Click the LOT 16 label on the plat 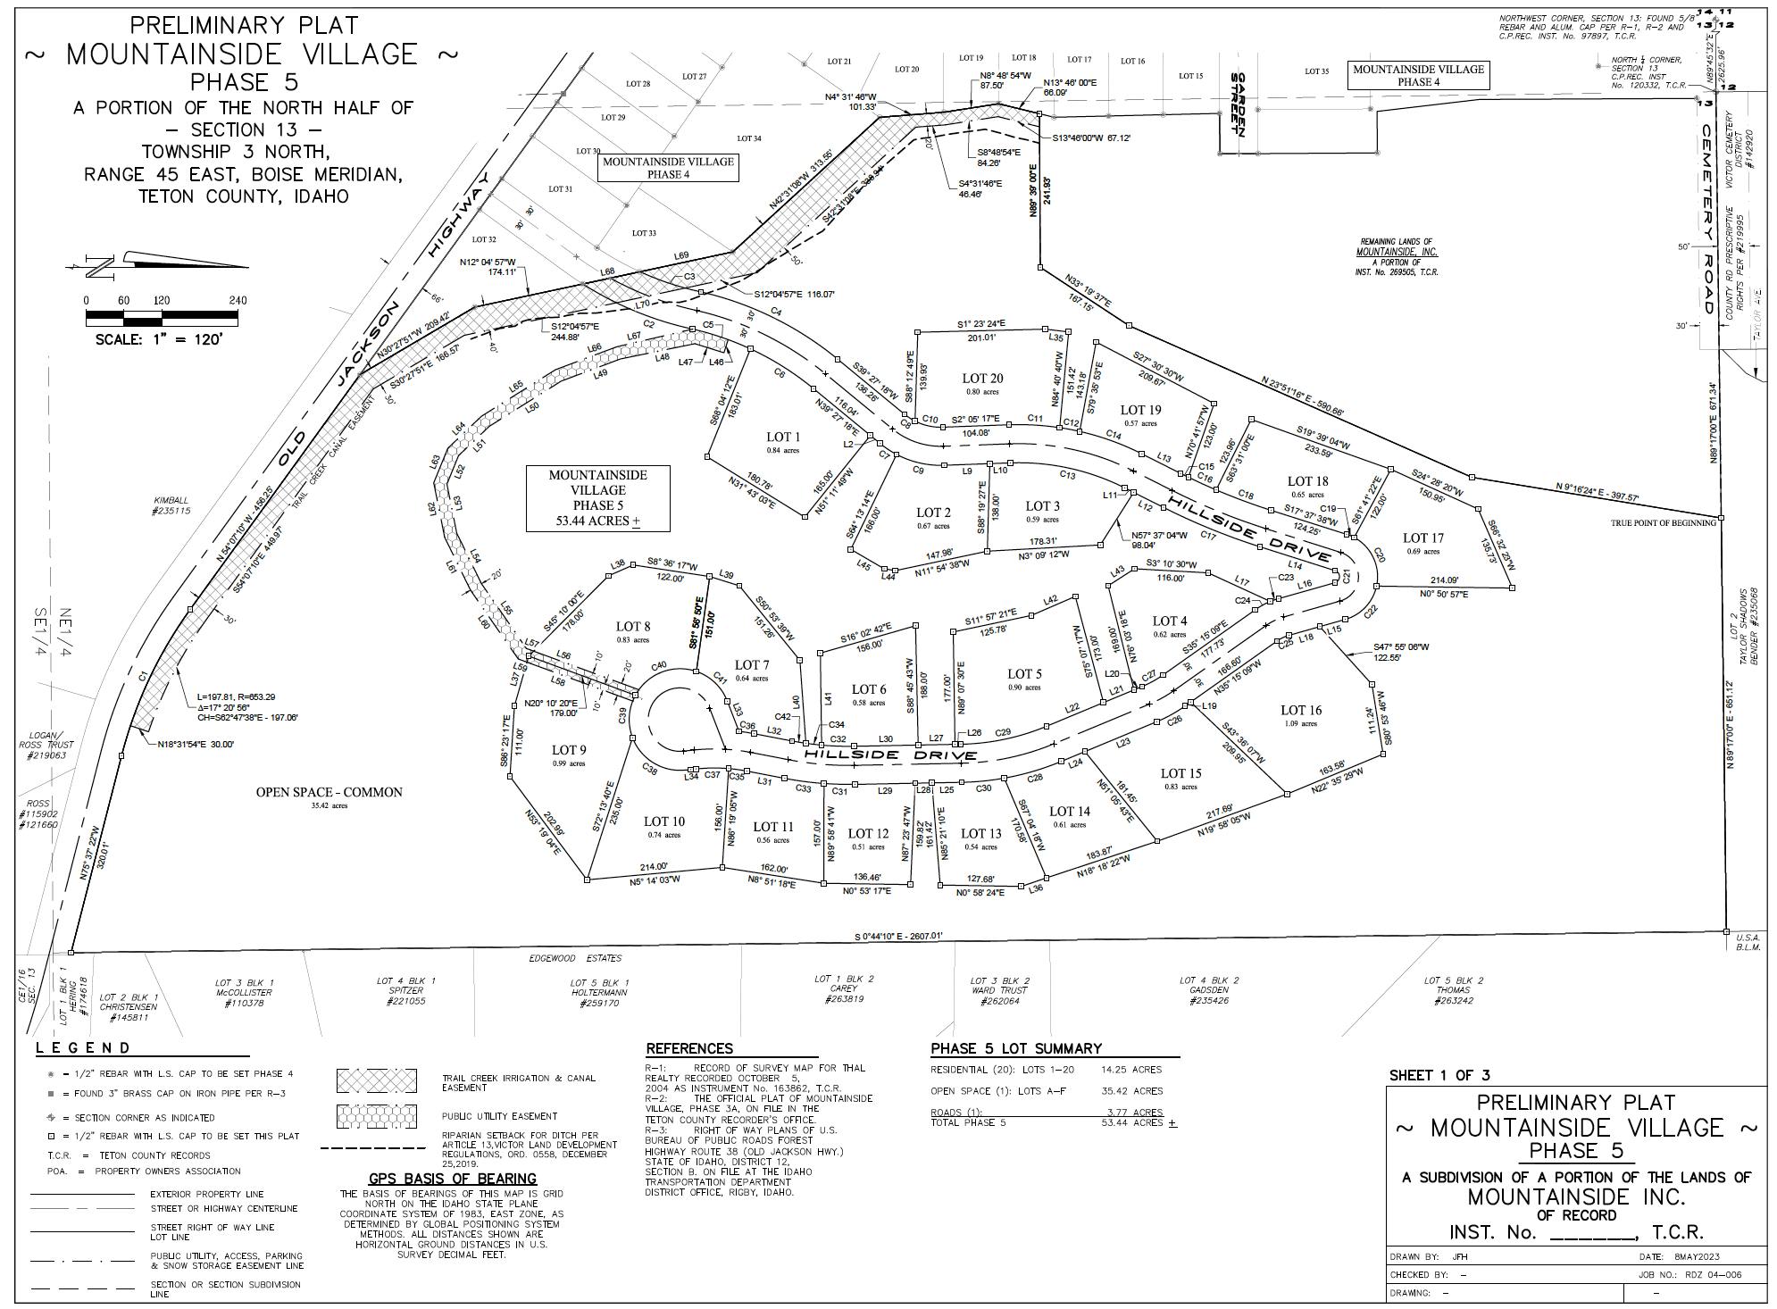click(x=1300, y=711)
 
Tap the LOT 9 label click(x=569, y=750)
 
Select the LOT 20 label click(x=982, y=379)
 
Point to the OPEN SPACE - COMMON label click(x=329, y=792)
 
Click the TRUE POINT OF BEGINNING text click(x=1663, y=522)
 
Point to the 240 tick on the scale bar click(x=237, y=301)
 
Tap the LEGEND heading click(x=82, y=1048)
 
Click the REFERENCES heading click(x=688, y=1048)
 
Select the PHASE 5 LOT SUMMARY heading click(x=1015, y=1048)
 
